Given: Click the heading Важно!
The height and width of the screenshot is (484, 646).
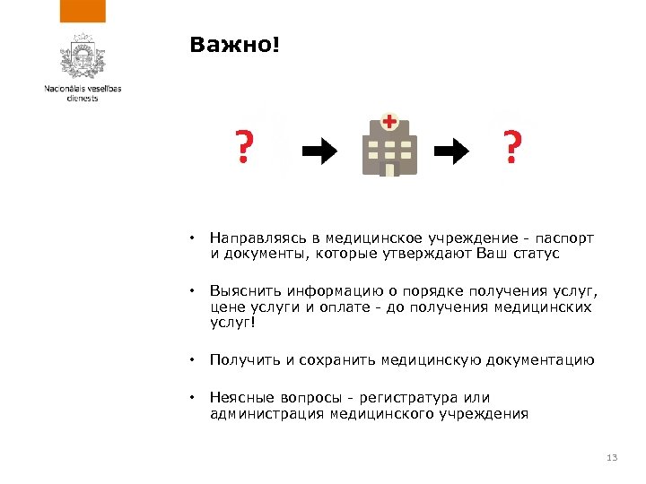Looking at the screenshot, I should (x=235, y=45).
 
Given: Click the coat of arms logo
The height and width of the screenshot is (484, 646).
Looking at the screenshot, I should (x=83, y=60).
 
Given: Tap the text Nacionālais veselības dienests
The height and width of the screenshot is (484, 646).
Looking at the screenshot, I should (x=83, y=92).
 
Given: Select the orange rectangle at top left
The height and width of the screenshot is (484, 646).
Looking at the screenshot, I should (x=83, y=11).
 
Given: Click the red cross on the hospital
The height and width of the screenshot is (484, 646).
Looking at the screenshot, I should (x=389, y=121).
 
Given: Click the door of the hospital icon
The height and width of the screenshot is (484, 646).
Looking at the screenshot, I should (x=388, y=169).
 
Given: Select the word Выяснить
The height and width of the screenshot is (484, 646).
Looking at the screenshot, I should (x=240, y=292).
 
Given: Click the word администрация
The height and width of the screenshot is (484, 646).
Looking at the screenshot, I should (x=267, y=413).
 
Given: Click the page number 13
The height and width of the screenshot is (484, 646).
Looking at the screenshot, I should (x=613, y=459).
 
